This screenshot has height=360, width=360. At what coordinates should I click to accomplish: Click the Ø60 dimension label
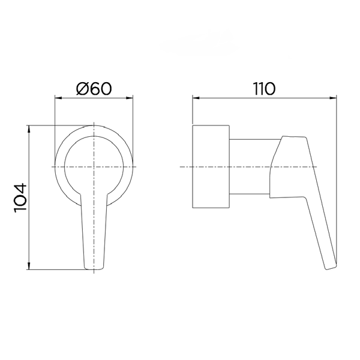(x=94, y=88)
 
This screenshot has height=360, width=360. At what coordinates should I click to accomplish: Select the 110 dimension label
(x=264, y=89)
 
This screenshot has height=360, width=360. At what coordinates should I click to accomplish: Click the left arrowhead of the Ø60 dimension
(x=58, y=98)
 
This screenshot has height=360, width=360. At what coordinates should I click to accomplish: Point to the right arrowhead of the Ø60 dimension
(x=130, y=98)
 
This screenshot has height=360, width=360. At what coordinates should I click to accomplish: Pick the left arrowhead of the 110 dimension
(x=196, y=98)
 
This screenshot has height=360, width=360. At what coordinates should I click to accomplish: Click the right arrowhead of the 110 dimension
(x=333, y=98)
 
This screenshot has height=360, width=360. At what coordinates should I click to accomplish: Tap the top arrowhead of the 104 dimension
(x=29, y=129)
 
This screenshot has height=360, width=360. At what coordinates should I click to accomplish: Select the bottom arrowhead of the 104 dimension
(x=29, y=266)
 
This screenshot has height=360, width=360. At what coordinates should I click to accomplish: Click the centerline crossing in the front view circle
(x=94, y=167)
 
